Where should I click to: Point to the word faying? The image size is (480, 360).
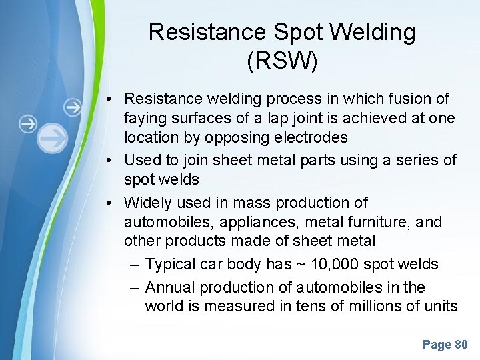point(145,118)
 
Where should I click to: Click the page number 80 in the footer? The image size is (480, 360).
point(461,345)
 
